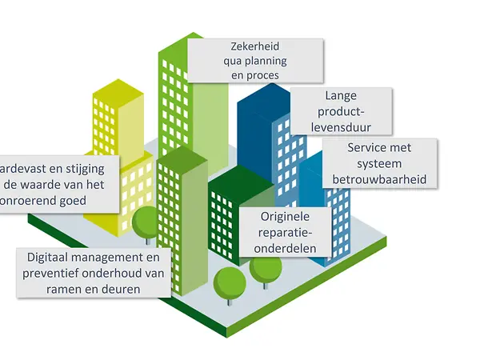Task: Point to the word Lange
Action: pyautogui.click(x=341, y=96)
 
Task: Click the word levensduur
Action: pyautogui.click(x=341, y=126)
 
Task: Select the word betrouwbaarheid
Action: pyautogui.click(x=381, y=178)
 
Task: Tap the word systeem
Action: pyautogui.click(x=381, y=164)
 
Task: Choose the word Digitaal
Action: pyautogui.click(x=54, y=258)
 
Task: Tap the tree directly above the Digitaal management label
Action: pyautogui.click(x=146, y=222)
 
